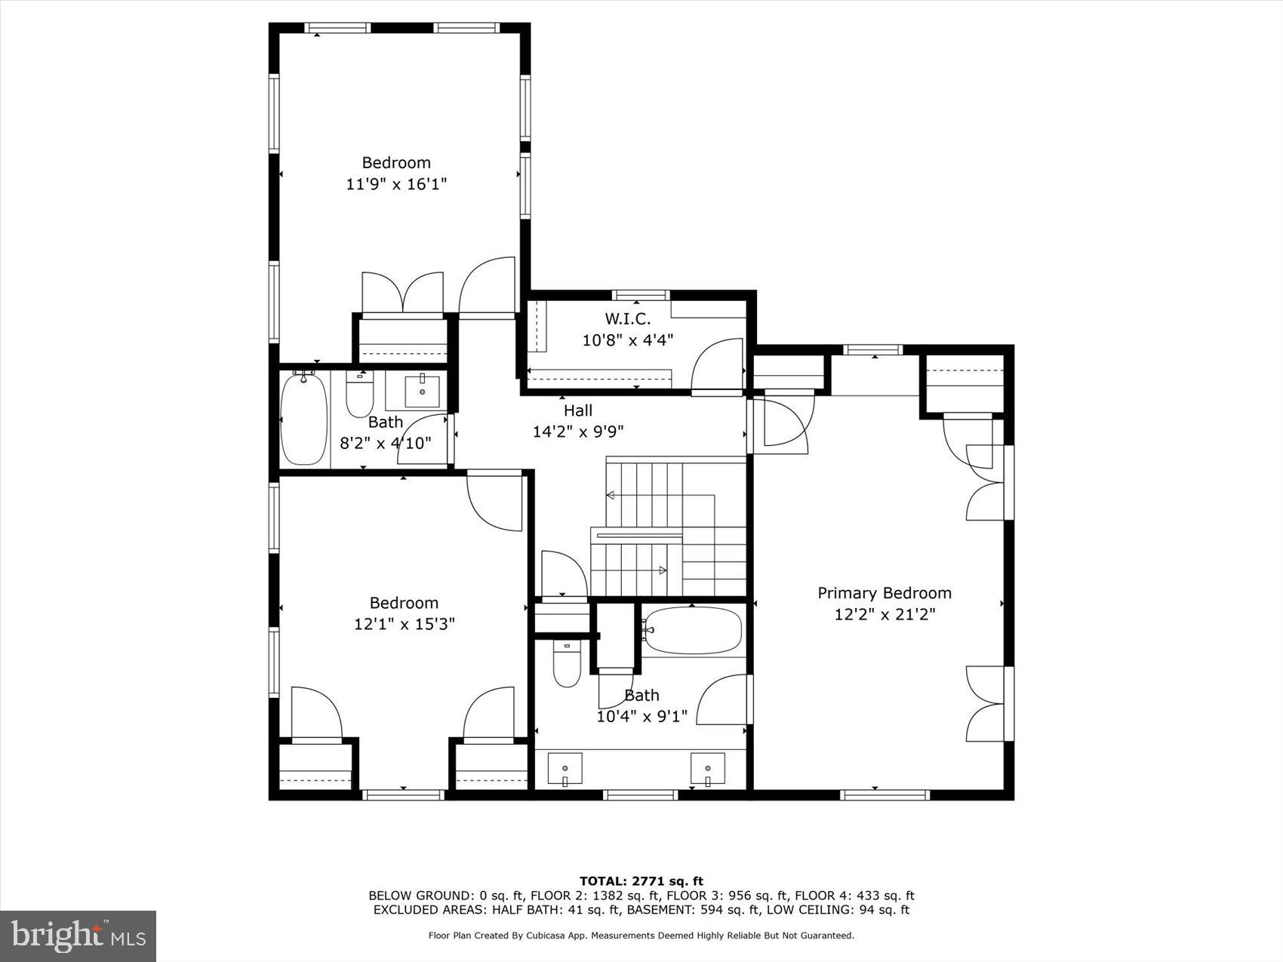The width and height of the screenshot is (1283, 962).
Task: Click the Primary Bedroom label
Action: coord(884,593)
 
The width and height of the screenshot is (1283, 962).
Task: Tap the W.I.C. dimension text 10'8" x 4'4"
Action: coord(627,340)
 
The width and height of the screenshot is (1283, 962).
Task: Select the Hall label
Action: coord(578,410)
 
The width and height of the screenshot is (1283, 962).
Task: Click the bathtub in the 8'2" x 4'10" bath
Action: coord(303,420)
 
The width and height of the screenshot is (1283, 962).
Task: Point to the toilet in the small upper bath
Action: coord(359,397)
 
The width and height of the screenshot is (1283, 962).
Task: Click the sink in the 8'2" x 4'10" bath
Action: coord(422,391)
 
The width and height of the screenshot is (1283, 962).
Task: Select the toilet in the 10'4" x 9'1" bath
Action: coord(567,662)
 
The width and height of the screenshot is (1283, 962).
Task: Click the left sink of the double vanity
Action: coord(565,768)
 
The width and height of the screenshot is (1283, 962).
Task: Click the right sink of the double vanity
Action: coord(707,768)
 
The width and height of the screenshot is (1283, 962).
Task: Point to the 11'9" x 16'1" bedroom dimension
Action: coord(396,184)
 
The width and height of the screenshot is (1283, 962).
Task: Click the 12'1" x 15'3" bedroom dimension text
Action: coord(404,625)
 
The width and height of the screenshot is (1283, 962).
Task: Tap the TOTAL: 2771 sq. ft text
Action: coord(641,881)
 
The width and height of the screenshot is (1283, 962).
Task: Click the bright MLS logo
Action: coord(78,936)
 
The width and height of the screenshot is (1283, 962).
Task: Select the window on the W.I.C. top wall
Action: coord(640,295)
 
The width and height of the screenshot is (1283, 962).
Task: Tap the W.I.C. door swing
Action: coord(717,365)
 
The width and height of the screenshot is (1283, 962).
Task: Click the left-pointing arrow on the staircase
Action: coord(610,495)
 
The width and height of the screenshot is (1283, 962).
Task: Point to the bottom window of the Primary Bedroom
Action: coord(885,794)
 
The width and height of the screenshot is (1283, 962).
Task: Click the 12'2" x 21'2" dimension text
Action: coord(885,615)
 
